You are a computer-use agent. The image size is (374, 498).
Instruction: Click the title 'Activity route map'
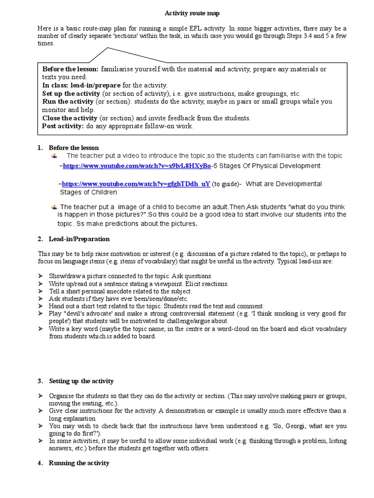click(188, 14)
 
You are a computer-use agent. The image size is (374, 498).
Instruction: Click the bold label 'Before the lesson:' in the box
click(70, 69)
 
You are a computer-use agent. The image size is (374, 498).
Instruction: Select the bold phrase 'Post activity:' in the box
click(63, 126)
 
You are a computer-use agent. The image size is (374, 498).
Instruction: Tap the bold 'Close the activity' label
click(70, 118)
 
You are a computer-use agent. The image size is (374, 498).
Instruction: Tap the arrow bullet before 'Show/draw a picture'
click(41, 276)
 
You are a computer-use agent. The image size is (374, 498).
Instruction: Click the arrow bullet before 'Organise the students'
click(41, 396)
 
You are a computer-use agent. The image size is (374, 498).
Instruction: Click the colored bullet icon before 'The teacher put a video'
click(54, 156)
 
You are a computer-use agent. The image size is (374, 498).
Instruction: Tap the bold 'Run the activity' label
click(68, 102)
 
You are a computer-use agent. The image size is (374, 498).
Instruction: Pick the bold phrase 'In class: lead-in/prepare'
click(81, 85)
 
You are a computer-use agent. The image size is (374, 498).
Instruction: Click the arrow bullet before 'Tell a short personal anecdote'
click(41, 291)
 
